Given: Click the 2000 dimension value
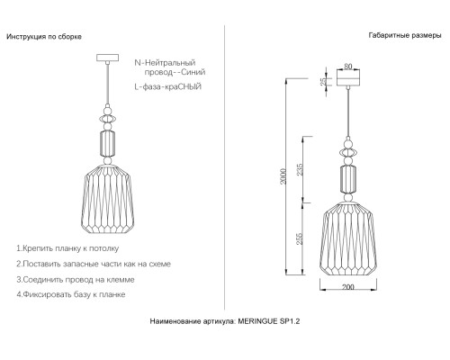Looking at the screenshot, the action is [x=283, y=176].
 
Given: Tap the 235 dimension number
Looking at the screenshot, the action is [x=300, y=169].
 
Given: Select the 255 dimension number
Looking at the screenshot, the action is [x=300, y=238].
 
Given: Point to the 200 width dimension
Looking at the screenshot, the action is [x=348, y=287].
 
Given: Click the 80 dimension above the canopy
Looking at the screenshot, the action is [x=348, y=66].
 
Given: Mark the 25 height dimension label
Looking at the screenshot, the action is [x=323, y=82].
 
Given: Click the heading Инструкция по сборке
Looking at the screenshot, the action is [x=44, y=37].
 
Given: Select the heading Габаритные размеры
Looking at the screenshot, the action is [x=405, y=35].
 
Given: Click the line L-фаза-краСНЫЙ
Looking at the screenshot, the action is [x=168, y=87].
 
